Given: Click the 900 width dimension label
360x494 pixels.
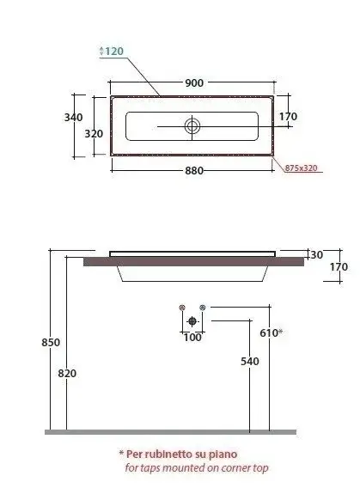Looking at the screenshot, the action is (194, 83).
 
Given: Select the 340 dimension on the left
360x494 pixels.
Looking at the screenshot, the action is (73, 117).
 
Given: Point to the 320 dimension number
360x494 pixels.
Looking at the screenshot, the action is (94, 133).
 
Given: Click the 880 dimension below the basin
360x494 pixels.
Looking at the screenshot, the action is (194, 171).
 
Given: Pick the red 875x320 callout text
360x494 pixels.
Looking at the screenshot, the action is (301, 168).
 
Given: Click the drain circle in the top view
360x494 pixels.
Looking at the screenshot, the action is (192, 126).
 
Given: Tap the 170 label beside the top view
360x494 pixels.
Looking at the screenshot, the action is (288, 116).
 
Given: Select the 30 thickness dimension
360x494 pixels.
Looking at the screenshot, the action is (316, 254).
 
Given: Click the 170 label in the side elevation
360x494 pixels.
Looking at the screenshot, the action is (339, 267).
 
